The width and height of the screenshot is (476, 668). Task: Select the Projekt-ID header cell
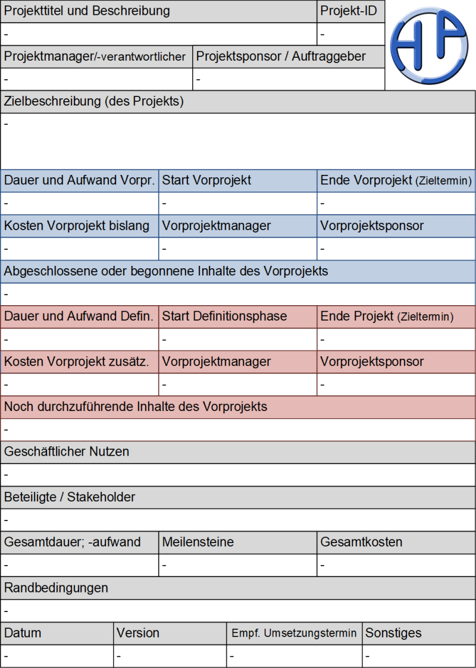pyautogui.click(x=349, y=11)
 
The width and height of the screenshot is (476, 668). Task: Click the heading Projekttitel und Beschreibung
pyautogui.click(x=87, y=11)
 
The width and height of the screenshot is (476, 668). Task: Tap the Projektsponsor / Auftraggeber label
pyautogui.click(x=281, y=57)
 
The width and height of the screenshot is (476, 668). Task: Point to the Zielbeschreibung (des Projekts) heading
pyautogui.click(x=94, y=102)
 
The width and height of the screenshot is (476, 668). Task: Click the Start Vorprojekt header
pyautogui.click(x=207, y=180)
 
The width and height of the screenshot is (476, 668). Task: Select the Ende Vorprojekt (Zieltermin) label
pyautogui.click(x=396, y=180)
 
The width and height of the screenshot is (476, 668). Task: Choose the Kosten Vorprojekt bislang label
pyautogui.click(x=77, y=226)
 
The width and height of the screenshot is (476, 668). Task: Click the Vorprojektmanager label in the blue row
pyautogui.click(x=217, y=226)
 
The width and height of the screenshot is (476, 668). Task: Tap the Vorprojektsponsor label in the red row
pyautogui.click(x=372, y=362)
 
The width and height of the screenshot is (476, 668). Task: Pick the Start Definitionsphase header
pyautogui.click(x=224, y=316)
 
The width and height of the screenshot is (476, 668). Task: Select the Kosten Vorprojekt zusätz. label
pyautogui.click(x=77, y=362)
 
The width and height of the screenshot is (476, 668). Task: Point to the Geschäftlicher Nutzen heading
pyautogui.click(x=67, y=452)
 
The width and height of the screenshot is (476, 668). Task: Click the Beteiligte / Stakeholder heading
pyautogui.click(x=70, y=497)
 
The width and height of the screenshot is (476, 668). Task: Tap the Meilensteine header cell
pyautogui.click(x=198, y=542)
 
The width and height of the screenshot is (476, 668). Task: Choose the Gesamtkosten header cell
pyautogui.click(x=361, y=542)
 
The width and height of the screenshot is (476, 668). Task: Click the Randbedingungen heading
pyautogui.click(x=57, y=588)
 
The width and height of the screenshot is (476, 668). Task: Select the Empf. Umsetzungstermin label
pyautogui.click(x=294, y=633)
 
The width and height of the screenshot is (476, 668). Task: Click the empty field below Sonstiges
pyautogui.click(x=418, y=656)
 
